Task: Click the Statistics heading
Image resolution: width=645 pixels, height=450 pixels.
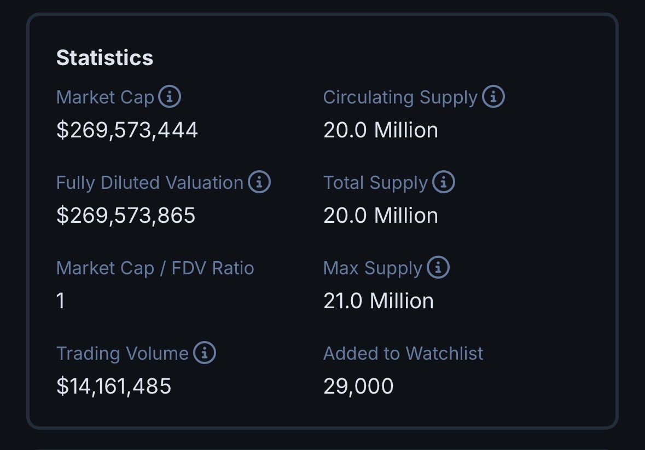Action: (104, 57)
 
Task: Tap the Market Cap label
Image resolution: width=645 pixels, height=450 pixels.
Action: (105, 97)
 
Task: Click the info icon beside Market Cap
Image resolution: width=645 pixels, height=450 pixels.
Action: (170, 97)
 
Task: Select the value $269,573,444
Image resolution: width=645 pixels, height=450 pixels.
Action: (127, 130)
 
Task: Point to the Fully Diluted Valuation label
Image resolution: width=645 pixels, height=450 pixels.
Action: (149, 183)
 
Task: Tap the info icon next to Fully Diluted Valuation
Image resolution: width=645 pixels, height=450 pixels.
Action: (259, 183)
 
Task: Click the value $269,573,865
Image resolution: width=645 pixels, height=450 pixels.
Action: (126, 216)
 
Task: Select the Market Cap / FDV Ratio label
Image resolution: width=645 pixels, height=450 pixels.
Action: (155, 268)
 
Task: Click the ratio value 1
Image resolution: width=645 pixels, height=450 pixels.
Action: (61, 301)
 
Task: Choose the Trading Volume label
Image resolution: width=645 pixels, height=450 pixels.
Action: (122, 354)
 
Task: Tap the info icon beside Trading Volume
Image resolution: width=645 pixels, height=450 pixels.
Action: (205, 354)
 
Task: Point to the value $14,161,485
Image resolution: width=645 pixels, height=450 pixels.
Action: (114, 386)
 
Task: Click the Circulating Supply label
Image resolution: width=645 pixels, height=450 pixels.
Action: (400, 97)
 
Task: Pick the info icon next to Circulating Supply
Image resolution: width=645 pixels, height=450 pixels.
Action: (493, 97)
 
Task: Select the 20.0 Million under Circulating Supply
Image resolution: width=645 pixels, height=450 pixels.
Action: (381, 130)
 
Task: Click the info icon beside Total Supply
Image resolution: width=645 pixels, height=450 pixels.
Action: (444, 183)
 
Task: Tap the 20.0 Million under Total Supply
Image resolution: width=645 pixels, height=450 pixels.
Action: (381, 216)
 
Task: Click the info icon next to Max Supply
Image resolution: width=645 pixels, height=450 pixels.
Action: (438, 268)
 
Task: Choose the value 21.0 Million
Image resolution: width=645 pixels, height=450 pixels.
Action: (379, 301)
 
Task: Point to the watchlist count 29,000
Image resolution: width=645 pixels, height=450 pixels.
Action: (358, 386)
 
